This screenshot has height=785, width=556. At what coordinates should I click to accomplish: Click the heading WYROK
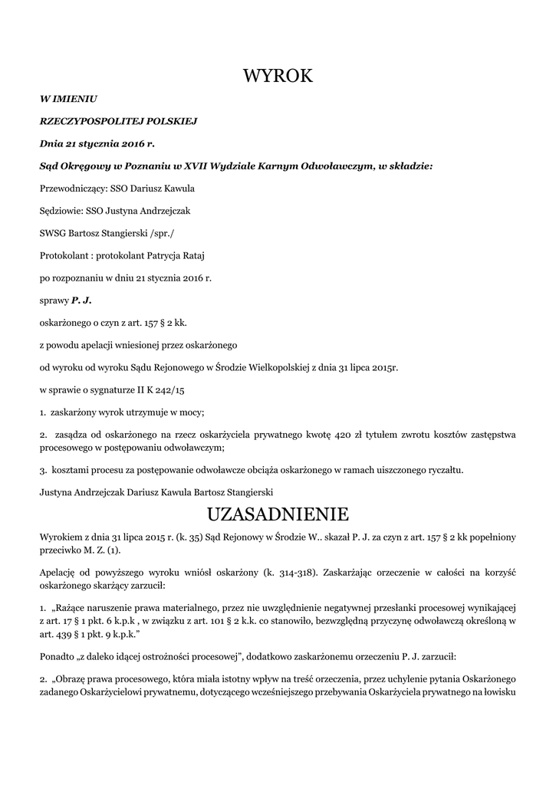278,75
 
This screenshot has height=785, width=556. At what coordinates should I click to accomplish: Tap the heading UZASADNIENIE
278,512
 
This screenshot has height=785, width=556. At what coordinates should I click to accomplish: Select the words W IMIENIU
68,99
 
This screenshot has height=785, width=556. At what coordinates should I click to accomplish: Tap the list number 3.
42,469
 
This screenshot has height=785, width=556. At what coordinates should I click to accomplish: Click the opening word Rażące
71,606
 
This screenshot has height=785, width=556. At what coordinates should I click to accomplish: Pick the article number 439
64,633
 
